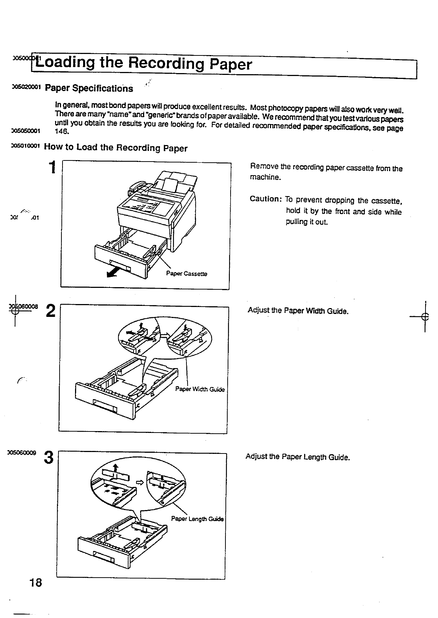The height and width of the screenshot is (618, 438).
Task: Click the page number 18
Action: coord(36,582)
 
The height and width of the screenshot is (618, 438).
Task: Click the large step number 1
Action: coord(52,167)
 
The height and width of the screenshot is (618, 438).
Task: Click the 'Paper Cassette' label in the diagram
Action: coord(186,274)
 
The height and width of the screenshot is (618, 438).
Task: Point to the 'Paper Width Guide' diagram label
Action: coord(200,389)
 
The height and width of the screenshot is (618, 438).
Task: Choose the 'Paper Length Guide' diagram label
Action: coord(197,519)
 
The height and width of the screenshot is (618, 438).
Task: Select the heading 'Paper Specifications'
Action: coord(89,88)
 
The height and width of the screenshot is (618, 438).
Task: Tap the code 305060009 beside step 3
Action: coord(24,453)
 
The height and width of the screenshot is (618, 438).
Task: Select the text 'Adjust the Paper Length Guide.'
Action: coord(297,457)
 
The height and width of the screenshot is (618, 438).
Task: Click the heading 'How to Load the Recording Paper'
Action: coord(115,148)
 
